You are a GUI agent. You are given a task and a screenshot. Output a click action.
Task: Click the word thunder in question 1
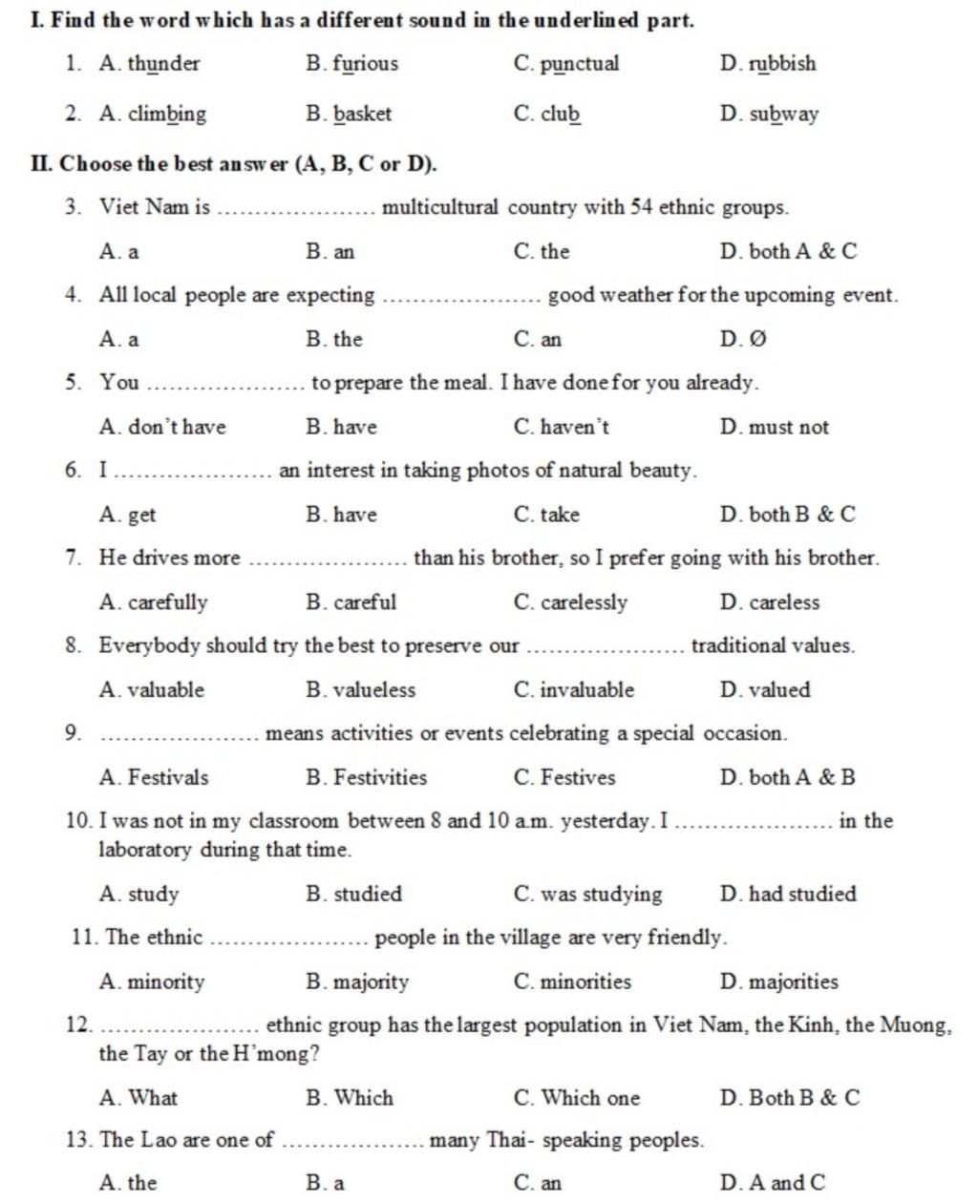[163, 64]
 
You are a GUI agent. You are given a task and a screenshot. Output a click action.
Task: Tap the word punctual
[579, 64]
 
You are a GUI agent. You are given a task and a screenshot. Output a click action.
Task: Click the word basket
[362, 114]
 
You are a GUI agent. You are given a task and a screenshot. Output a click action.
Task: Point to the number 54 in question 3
[642, 207]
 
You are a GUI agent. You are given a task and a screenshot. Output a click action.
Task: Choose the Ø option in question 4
[756, 339]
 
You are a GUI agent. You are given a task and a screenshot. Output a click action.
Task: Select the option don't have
[177, 427]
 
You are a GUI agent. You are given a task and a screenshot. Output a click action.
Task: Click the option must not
[788, 427]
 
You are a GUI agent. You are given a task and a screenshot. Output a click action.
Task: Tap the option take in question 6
[560, 515]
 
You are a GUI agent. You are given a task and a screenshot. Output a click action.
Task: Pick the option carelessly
[584, 602]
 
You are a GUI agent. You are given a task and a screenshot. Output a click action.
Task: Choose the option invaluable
[586, 689]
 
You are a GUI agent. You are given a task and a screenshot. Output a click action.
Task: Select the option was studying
[601, 894]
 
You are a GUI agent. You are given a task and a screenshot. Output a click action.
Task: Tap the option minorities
[585, 981]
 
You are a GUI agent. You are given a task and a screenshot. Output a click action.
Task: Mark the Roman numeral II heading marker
[41, 164]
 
